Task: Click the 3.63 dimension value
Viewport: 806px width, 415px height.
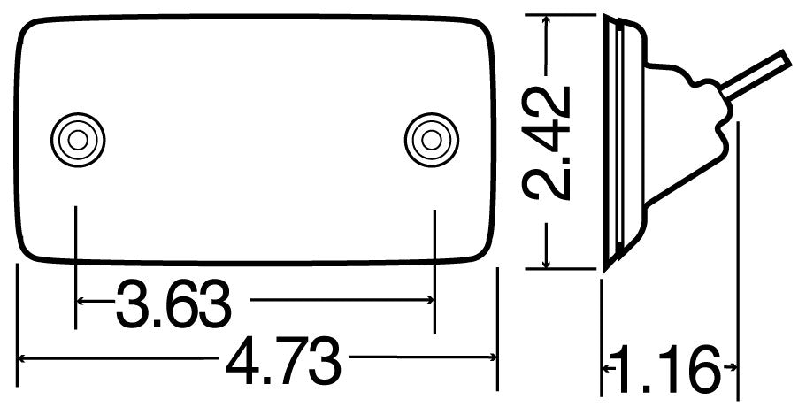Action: coord(173,303)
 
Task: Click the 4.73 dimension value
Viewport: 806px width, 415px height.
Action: coord(284,359)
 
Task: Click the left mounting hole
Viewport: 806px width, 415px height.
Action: coord(77,139)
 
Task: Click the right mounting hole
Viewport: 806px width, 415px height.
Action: coord(431,139)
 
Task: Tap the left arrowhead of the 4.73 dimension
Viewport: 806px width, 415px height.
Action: coord(23,358)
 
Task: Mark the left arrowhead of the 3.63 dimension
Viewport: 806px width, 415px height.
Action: coord(82,302)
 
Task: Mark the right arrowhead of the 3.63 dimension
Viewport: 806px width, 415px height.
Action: coord(429,302)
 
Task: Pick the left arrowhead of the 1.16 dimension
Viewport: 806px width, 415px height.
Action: coord(608,365)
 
